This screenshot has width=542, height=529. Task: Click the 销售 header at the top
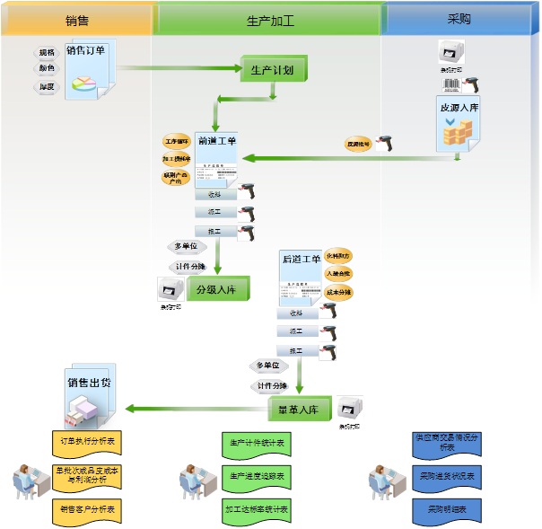(76, 19)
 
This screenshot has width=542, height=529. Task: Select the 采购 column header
(459, 19)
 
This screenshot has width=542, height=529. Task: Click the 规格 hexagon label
(46, 53)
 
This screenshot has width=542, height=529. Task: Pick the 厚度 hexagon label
(46, 86)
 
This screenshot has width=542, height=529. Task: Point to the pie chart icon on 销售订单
(83, 83)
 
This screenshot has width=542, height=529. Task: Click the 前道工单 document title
(216, 141)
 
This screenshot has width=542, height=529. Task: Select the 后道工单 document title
(301, 259)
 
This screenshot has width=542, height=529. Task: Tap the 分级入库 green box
(216, 289)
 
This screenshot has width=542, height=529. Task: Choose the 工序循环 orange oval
(177, 141)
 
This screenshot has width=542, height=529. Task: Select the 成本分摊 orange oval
(339, 292)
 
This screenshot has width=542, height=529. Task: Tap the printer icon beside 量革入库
(350, 409)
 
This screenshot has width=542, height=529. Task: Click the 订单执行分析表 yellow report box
(86, 442)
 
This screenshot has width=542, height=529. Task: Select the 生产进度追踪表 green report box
(256, 475)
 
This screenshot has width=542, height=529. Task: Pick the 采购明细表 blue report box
(447, 508)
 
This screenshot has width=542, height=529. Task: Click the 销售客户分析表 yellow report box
(86, 509)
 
